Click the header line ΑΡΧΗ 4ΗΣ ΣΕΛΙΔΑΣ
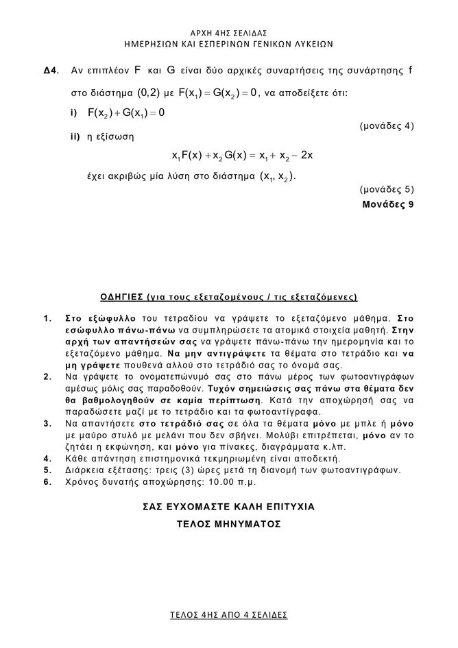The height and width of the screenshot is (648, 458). click(x=229, y=32)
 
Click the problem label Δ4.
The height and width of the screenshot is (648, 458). click(x=50, y=71)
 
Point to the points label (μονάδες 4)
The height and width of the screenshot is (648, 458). click(x=387, y=126)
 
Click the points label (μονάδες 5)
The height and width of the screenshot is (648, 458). click(x=387, y=189)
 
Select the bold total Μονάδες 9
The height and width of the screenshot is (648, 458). click(x=388, y=204)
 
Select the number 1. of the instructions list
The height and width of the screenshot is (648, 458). click(x=47, y=318)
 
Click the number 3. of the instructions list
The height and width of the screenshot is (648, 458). click(x=47, y=424)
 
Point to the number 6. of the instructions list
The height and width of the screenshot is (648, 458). click(x=47, y=481)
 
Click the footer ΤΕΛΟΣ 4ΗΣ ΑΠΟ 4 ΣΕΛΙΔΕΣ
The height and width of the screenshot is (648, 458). click(x=229, y=614)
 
